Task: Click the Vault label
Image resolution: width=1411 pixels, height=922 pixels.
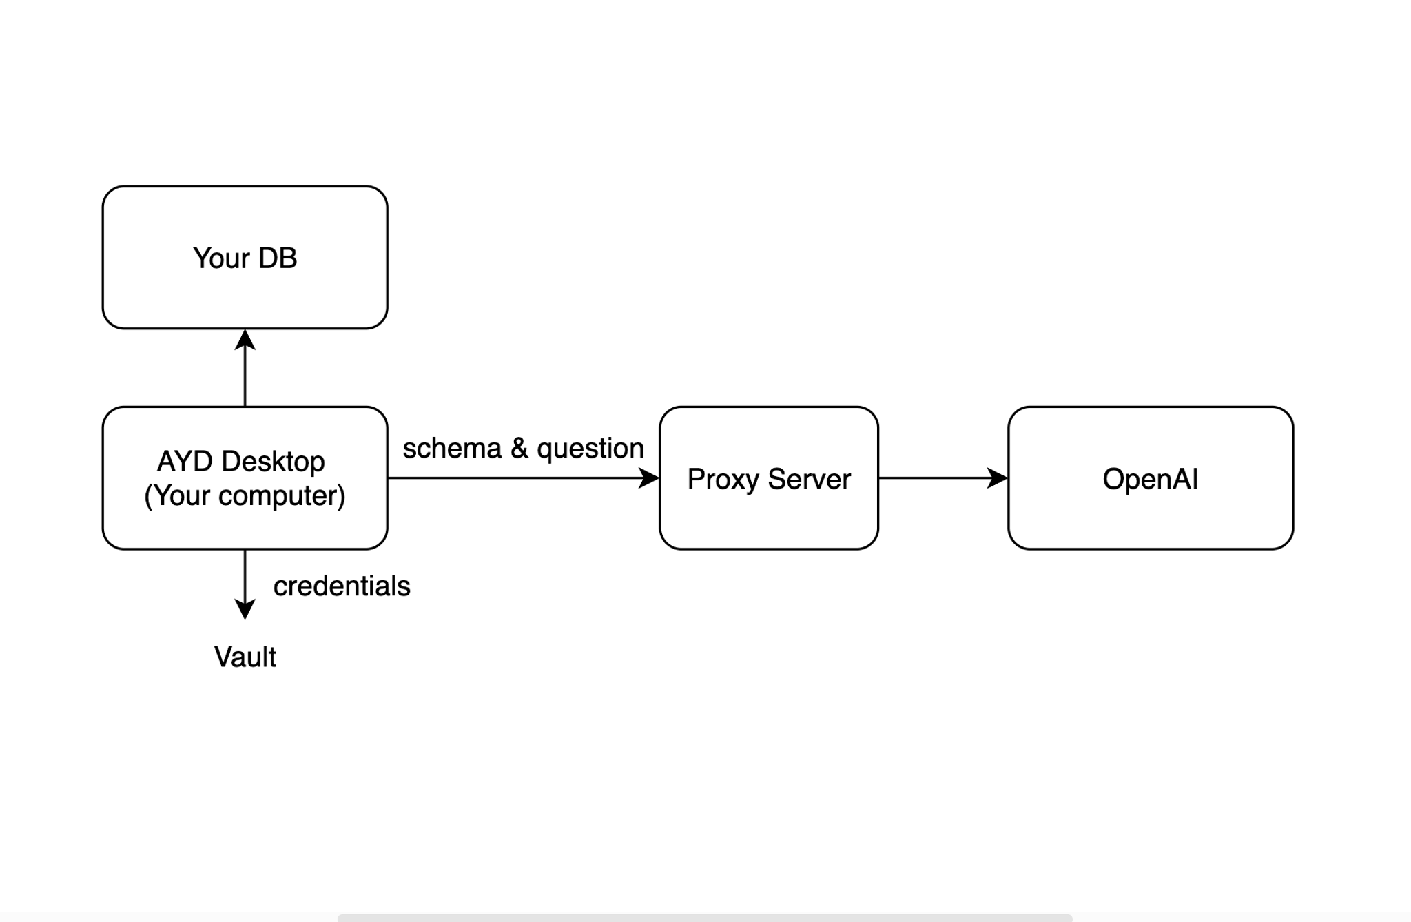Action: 245,657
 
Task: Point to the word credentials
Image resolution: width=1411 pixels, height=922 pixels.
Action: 342,586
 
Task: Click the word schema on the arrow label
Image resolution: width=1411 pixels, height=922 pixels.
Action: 452,449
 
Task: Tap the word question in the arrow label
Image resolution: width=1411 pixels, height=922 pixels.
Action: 590,449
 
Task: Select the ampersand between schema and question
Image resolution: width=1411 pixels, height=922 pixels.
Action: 519,449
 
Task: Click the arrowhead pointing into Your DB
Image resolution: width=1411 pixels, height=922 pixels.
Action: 245,340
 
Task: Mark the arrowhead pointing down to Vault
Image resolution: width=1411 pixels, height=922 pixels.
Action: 245,609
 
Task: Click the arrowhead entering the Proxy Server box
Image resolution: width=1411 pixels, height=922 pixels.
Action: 648,478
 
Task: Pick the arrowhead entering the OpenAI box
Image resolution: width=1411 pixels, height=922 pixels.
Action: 997,478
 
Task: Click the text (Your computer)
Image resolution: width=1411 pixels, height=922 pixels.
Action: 245,495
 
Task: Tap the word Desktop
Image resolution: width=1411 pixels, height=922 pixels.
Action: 273,461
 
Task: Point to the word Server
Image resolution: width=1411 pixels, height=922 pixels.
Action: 809,479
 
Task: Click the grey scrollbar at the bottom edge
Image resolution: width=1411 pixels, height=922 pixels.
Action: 704,918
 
